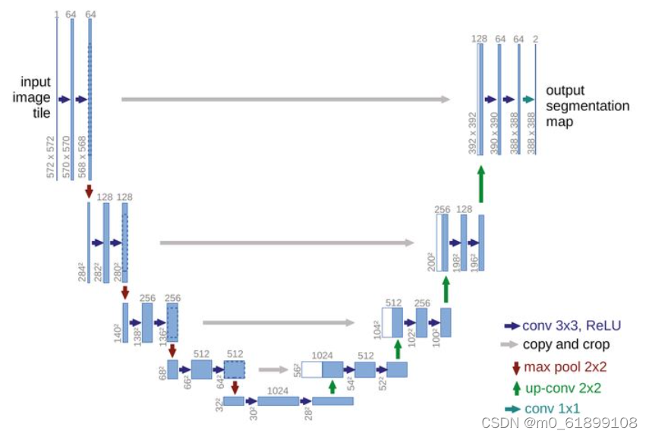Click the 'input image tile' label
point(36,97)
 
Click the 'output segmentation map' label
point(586,106)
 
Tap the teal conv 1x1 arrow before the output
point(529,100)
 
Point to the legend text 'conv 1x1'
point(552,409)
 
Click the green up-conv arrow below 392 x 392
point(480,183)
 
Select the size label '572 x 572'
point(51,157)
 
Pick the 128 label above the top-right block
point(479,38)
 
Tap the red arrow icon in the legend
point(516,367)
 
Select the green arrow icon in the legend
point(516,388)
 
